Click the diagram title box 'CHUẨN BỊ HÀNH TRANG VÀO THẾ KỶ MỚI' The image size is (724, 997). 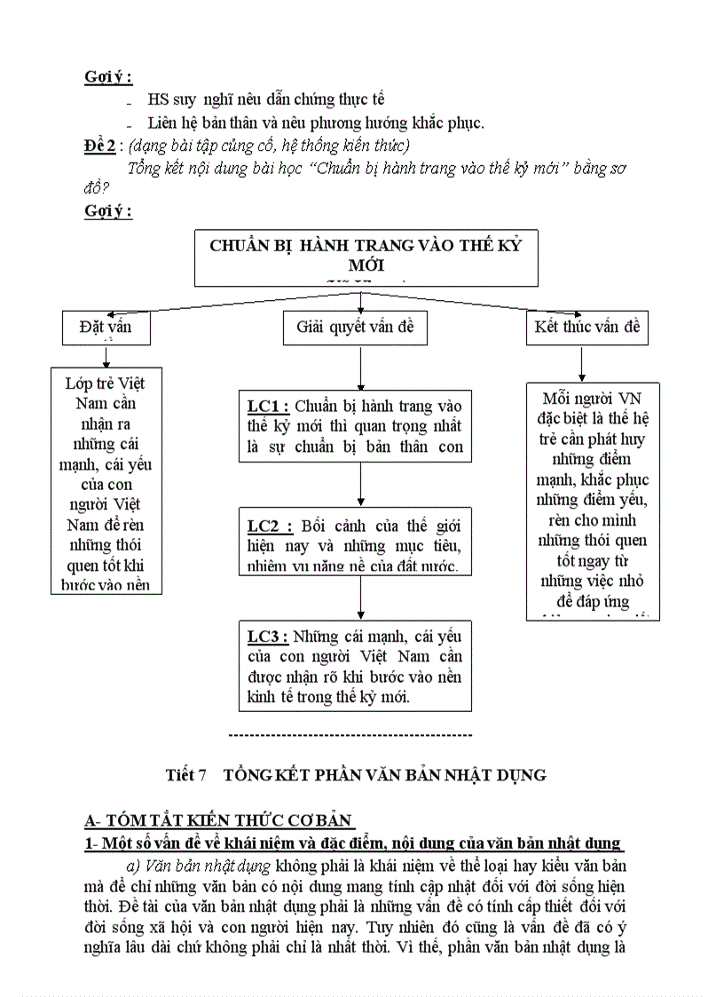point(366,257)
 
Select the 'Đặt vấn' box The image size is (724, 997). point(105,328)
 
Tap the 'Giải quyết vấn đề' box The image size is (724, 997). point(355,328)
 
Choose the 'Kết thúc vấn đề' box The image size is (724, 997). point(586,328)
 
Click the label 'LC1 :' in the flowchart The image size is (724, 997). point(269,407)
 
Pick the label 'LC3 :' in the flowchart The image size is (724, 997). point(268,637)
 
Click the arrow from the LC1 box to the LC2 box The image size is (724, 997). point(360,485)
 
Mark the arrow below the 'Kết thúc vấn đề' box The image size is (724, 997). point(582,364)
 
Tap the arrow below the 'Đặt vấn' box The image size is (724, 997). point(106,356)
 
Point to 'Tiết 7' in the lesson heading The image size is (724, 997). point(185,775)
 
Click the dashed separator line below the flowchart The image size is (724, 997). point(350,735)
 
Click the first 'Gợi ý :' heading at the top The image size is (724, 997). point(108,76)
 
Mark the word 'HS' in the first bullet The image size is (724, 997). point(159,100)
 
